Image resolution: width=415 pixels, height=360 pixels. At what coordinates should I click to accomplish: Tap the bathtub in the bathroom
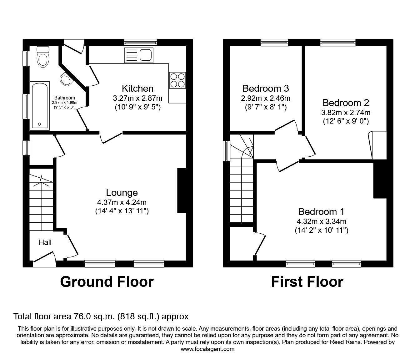pos(40,106)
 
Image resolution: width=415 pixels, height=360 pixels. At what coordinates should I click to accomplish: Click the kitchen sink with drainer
pos(139,55)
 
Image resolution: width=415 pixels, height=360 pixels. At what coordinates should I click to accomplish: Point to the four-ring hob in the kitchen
pos(177,80)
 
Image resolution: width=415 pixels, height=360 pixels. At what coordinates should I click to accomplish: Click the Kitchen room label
pos(137,89)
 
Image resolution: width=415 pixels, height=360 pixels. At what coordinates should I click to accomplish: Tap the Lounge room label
pos(122,193)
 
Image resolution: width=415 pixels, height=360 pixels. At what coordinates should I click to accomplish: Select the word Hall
pos(45,242)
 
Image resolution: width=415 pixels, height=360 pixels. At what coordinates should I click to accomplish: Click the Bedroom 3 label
pos(265,88)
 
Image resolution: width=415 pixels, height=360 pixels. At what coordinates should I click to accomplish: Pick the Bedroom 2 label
pos(346,103)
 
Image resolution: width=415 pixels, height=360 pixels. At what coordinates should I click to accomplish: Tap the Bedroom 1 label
pos(321,212)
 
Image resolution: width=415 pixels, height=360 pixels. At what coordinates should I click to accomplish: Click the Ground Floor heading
pos(107,281)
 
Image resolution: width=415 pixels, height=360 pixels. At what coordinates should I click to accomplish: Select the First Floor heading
pos(307,281)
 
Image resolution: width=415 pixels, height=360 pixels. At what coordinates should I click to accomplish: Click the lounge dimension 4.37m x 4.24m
pos(122,202)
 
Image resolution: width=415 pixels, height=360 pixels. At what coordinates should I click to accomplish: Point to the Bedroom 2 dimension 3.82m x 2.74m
pos(346,112)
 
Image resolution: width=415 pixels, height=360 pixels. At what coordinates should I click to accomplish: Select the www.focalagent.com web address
pos(207,349)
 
